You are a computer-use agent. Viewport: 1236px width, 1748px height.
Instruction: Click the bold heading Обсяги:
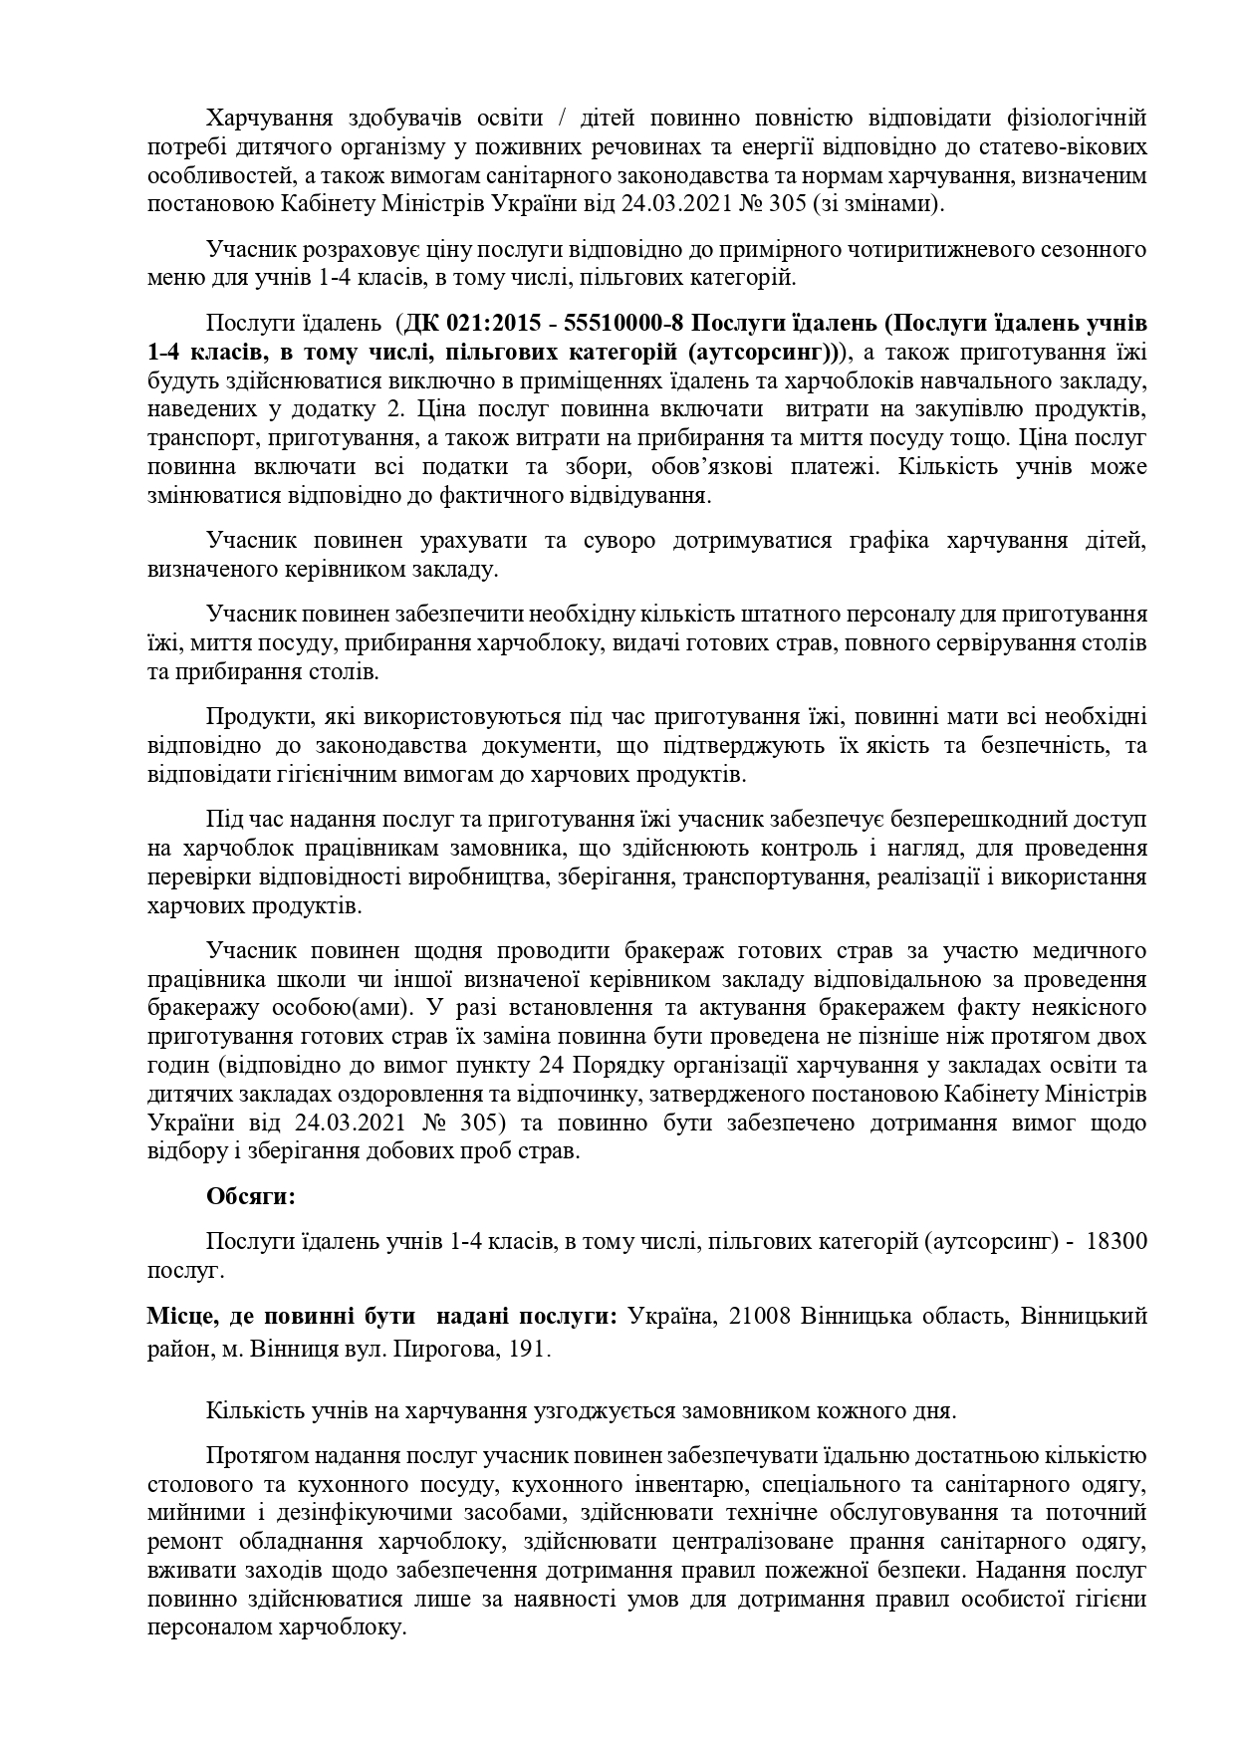pyautogui.click(x=251, y=1196)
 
